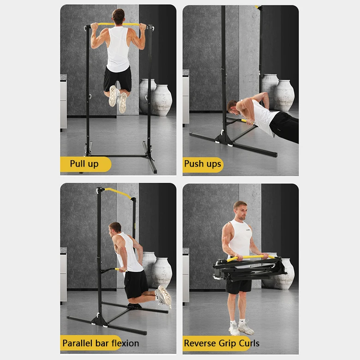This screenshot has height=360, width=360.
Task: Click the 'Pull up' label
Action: (84, 164)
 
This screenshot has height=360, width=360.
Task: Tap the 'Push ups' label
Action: (203, 164)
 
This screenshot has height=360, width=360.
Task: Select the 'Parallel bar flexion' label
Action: (100, 343)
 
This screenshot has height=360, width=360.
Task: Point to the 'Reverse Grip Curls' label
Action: (222, 343)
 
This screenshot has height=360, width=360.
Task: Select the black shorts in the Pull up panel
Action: (117, 79)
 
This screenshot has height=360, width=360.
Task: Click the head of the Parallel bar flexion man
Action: (115, 228)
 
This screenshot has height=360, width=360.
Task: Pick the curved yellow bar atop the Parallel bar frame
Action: (117, 192)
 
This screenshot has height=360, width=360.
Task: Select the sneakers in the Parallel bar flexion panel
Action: (163, 297)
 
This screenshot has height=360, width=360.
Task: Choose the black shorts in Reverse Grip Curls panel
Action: (239, 286)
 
